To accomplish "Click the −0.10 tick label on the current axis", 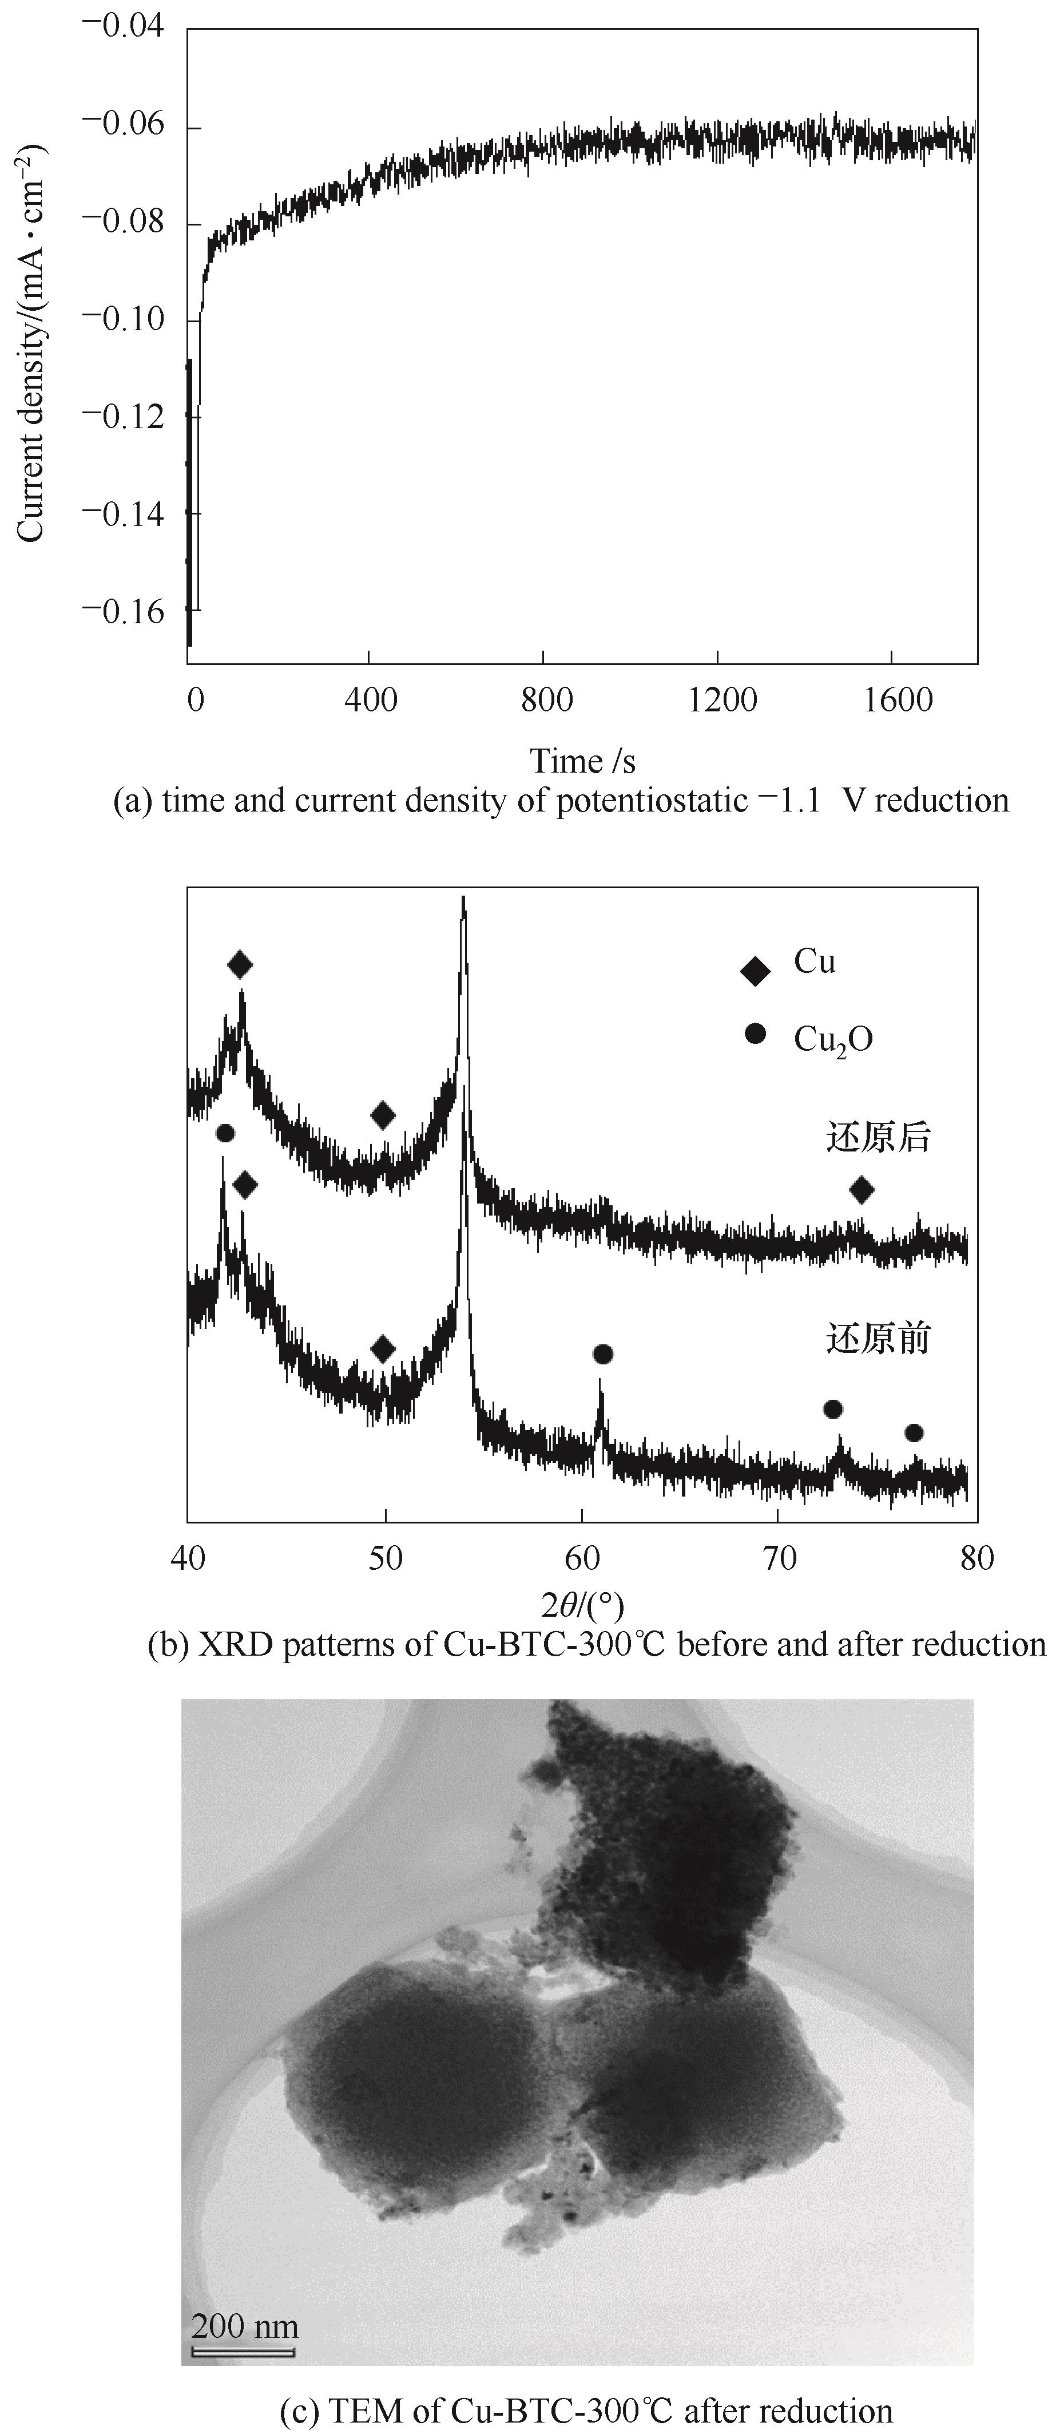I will point(123,319).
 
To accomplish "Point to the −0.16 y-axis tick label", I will point(123,611).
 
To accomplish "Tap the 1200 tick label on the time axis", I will point(722,700).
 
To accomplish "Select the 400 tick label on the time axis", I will point(370,700).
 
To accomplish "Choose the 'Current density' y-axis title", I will point(30,342).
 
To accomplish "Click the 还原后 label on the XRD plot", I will point(879,1138).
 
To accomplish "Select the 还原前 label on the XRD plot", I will point(879,1338).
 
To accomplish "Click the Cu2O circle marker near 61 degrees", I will point(602,1355).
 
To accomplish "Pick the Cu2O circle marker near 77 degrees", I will point(914,1434).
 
